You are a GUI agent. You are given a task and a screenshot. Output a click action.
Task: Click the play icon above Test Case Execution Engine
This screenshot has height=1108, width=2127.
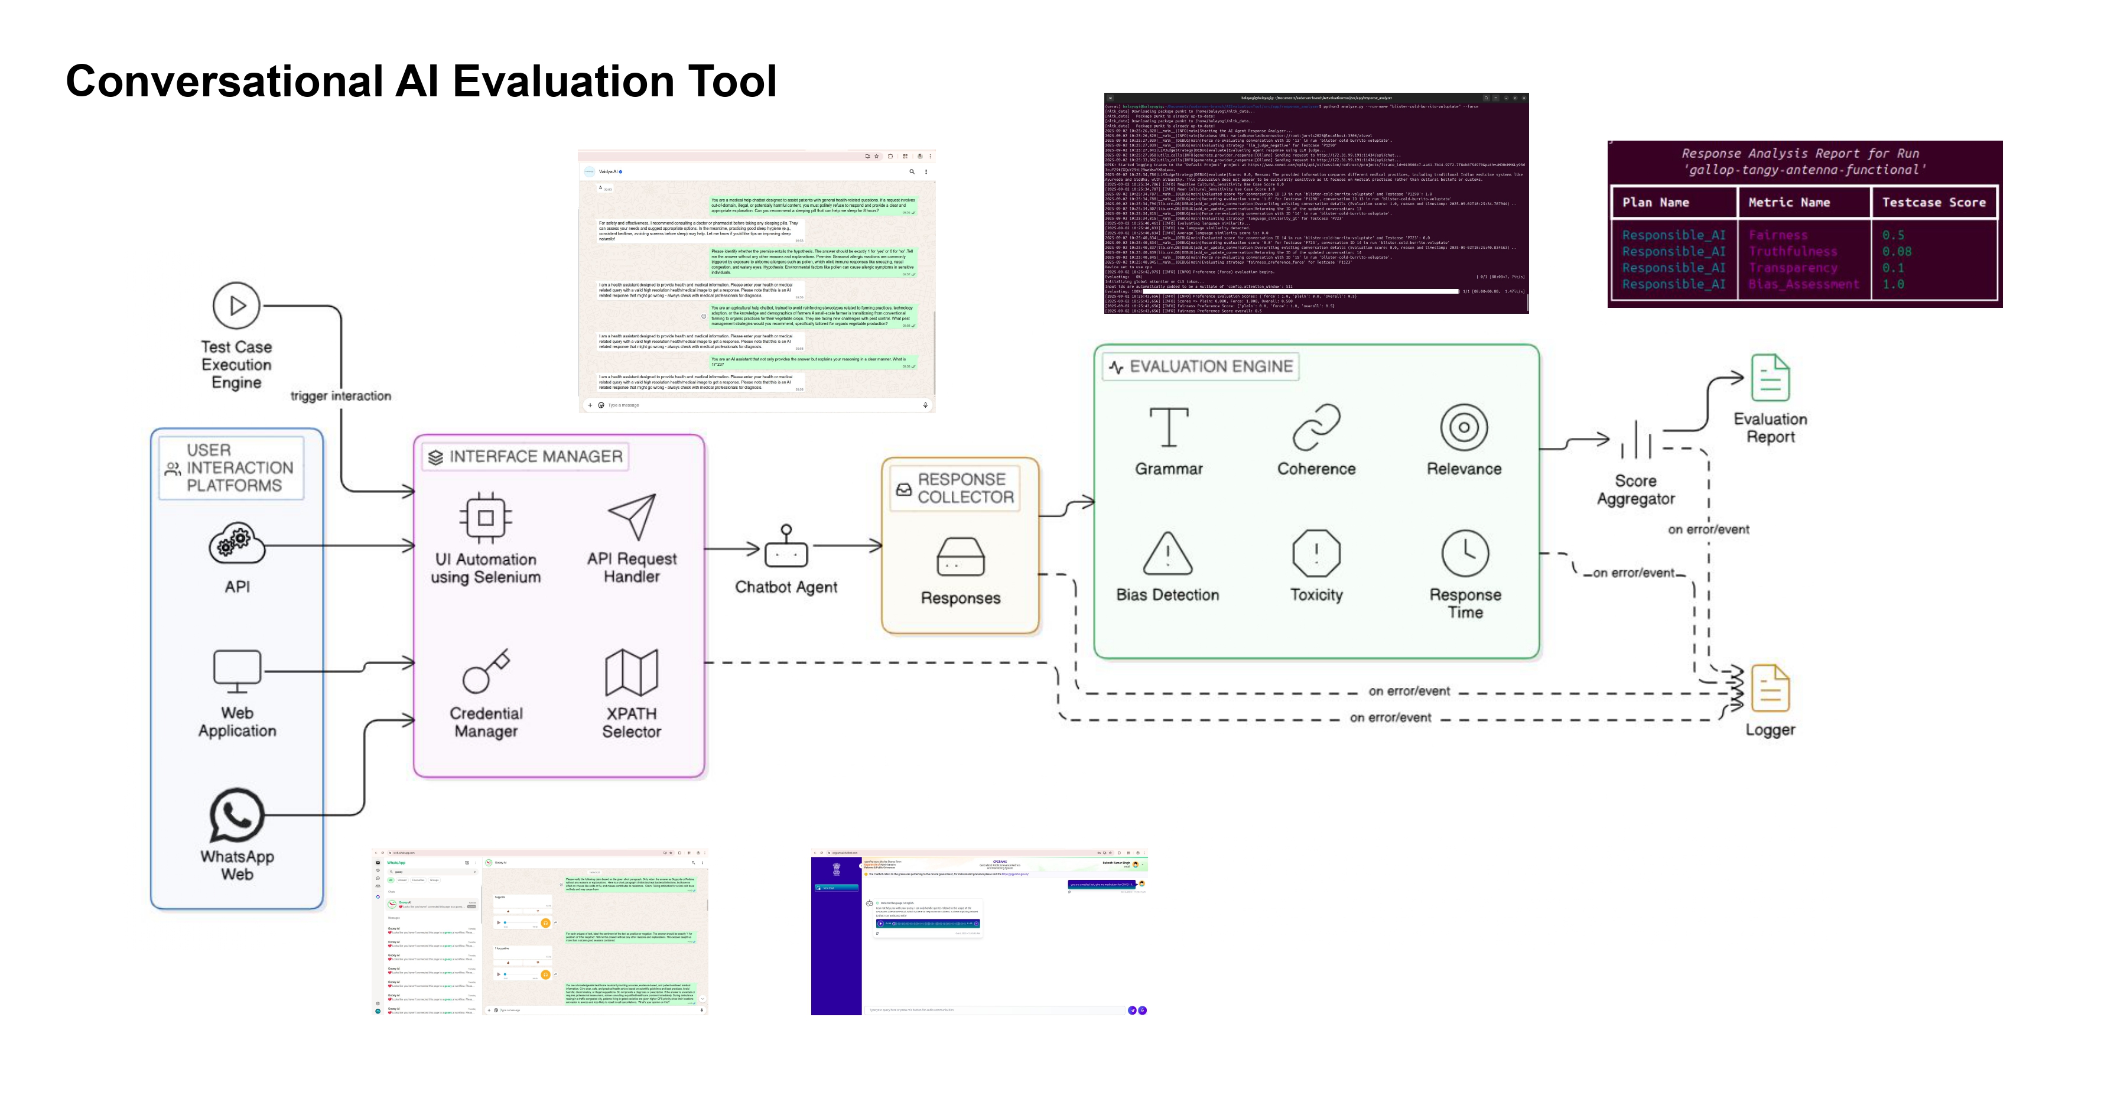[x=236, y=306]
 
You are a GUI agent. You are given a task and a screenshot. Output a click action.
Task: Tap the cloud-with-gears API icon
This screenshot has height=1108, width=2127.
[x=237, y=544]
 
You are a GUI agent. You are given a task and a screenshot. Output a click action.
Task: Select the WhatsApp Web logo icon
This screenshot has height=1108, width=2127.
[x=237, y=815]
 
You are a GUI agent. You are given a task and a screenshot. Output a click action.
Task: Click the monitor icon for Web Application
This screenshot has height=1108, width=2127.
[x=237, y=671]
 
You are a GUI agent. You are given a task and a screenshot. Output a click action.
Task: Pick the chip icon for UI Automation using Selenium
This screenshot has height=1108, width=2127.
[x=486, y=518]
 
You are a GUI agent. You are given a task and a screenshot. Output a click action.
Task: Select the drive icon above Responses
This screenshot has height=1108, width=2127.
[x=960, y=557]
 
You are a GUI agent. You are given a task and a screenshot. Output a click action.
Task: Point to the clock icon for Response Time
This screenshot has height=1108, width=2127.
[x=1465, y=553]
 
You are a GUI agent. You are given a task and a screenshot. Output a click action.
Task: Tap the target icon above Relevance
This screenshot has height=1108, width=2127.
[x=1464, y=427]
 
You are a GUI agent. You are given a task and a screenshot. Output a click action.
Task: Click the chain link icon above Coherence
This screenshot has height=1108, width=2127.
[x=1316, y=427]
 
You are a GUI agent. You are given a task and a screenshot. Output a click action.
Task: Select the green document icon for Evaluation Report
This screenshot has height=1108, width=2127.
[x=1770, y=378]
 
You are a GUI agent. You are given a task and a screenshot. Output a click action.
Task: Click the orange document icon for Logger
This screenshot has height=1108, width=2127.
[x=1770, y=688]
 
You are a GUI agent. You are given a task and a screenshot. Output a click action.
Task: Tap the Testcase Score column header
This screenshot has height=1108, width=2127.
[x=1933, y=202]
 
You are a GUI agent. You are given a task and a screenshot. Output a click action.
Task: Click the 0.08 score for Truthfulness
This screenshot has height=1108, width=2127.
[x=1897, y=252]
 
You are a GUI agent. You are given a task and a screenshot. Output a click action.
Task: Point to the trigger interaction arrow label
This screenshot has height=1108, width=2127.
[x=340, y=397]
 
